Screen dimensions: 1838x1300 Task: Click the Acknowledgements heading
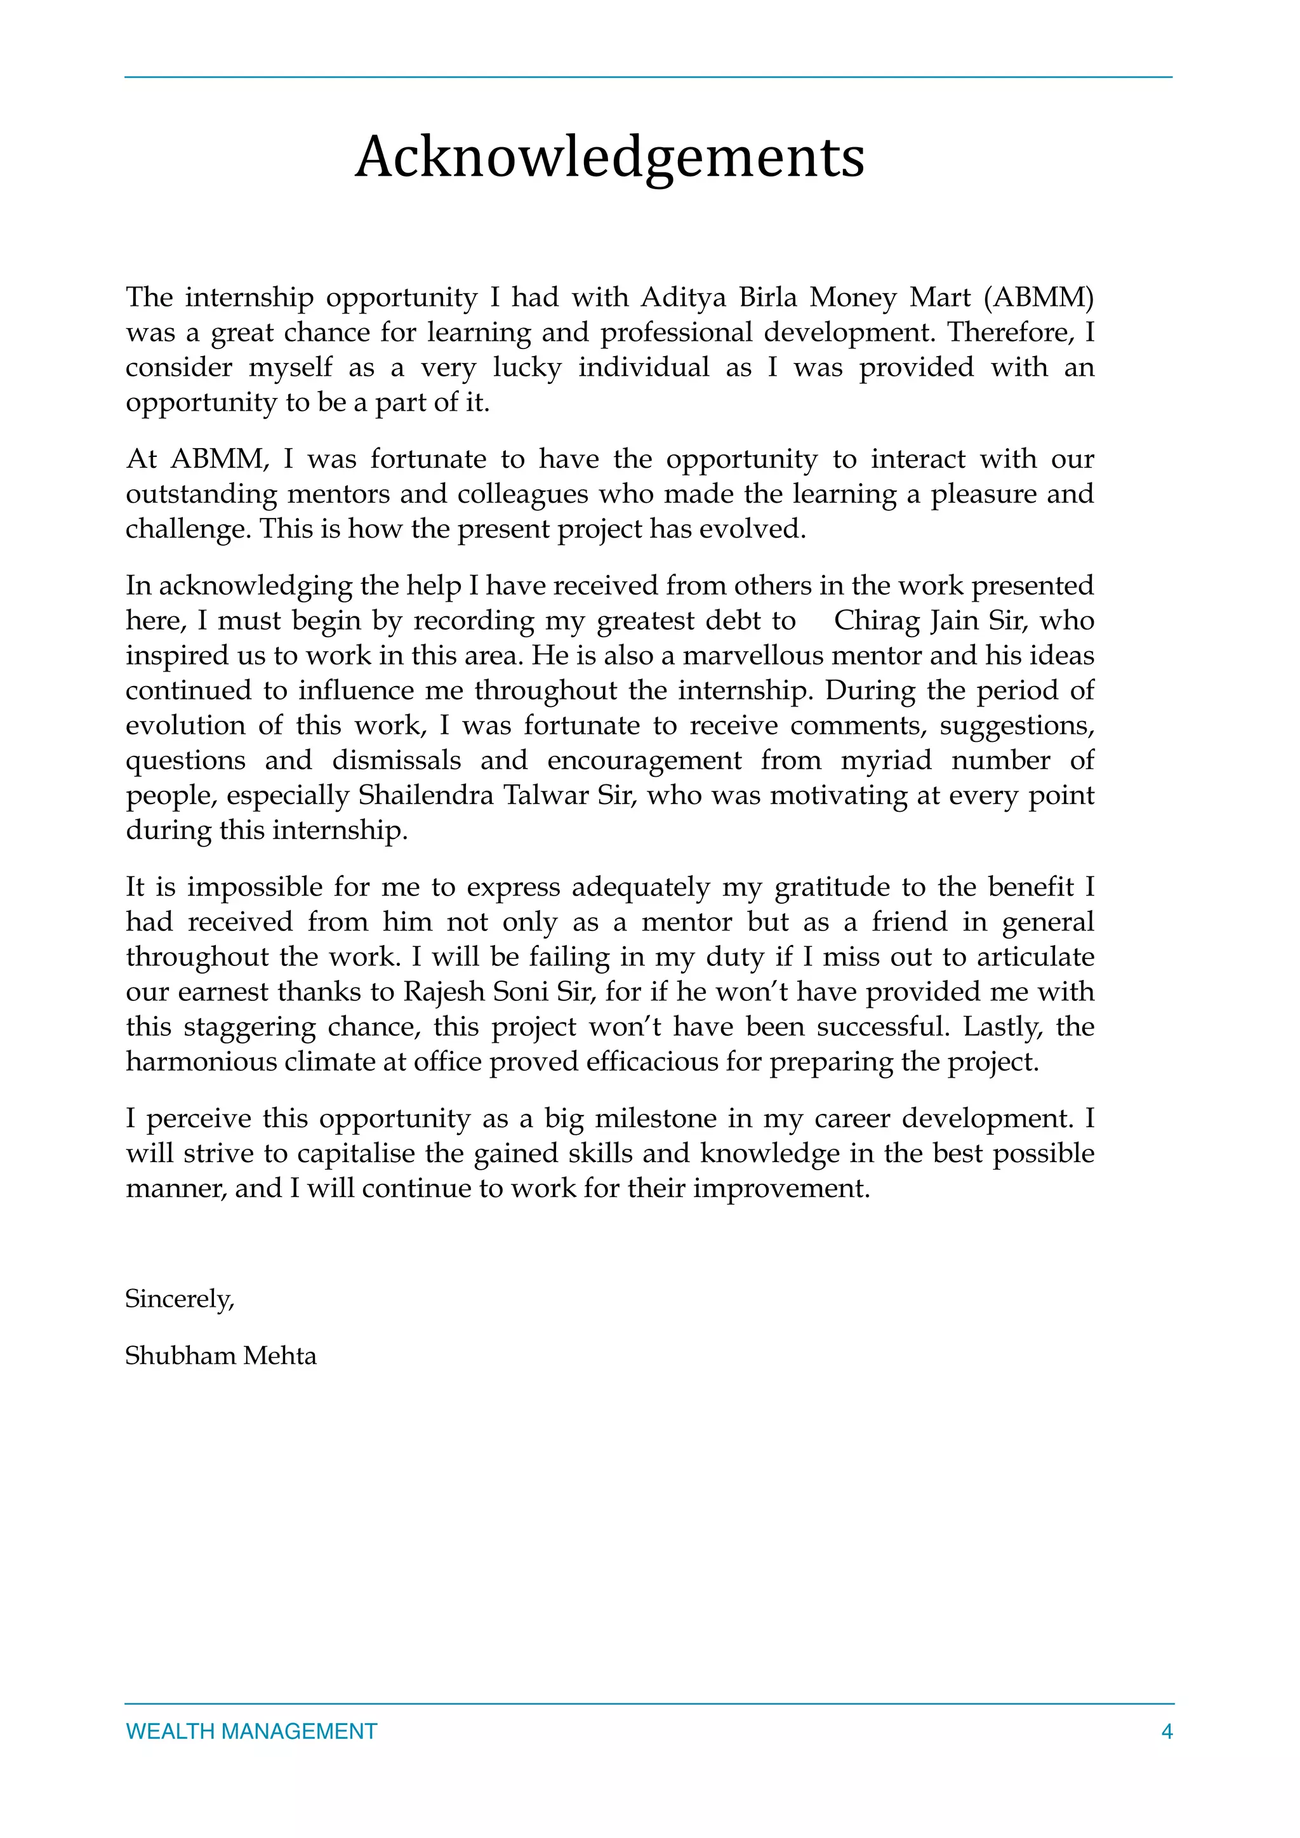pyautogui.click(x=610, y=157)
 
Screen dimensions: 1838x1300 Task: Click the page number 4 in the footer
pyautogui.click(x=1166, y=1731)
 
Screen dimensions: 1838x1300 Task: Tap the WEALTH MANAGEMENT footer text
pyautogui.click(x=251, y=1731)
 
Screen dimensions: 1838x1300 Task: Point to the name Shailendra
pyautogui.click(x=425, y=796)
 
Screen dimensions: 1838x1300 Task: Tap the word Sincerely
pyautogui.click(x=179, y=1299)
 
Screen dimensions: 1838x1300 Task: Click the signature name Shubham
pyautogui.click(x=180, y=1355)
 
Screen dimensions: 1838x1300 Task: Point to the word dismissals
pyautogui.click(x=396, y=760)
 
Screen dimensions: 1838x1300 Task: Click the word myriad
pyautogui.click(x=885, y=760)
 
